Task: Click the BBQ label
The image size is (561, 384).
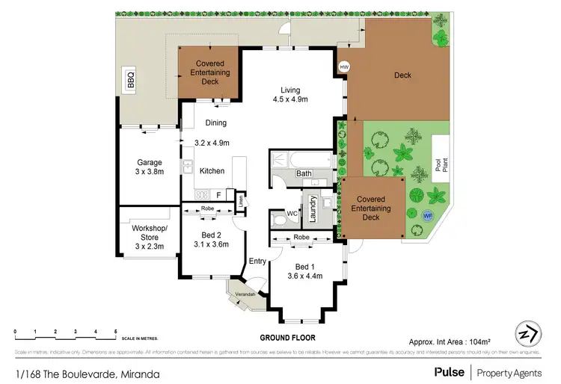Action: [x=131, y=78]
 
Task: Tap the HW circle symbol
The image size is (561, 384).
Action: [x=344, y=67]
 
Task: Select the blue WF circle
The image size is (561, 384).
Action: [x=428, y=215]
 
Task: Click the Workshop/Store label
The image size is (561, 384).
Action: [x=149, y=232]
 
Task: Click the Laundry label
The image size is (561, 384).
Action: [x=313, y=210]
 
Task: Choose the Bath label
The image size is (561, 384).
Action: [x=304, y=173]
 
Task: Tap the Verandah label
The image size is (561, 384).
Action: [x=246, y=294]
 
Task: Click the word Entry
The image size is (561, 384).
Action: [x=257, y=261]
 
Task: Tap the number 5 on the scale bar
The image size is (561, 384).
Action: [x=115, y=331]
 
